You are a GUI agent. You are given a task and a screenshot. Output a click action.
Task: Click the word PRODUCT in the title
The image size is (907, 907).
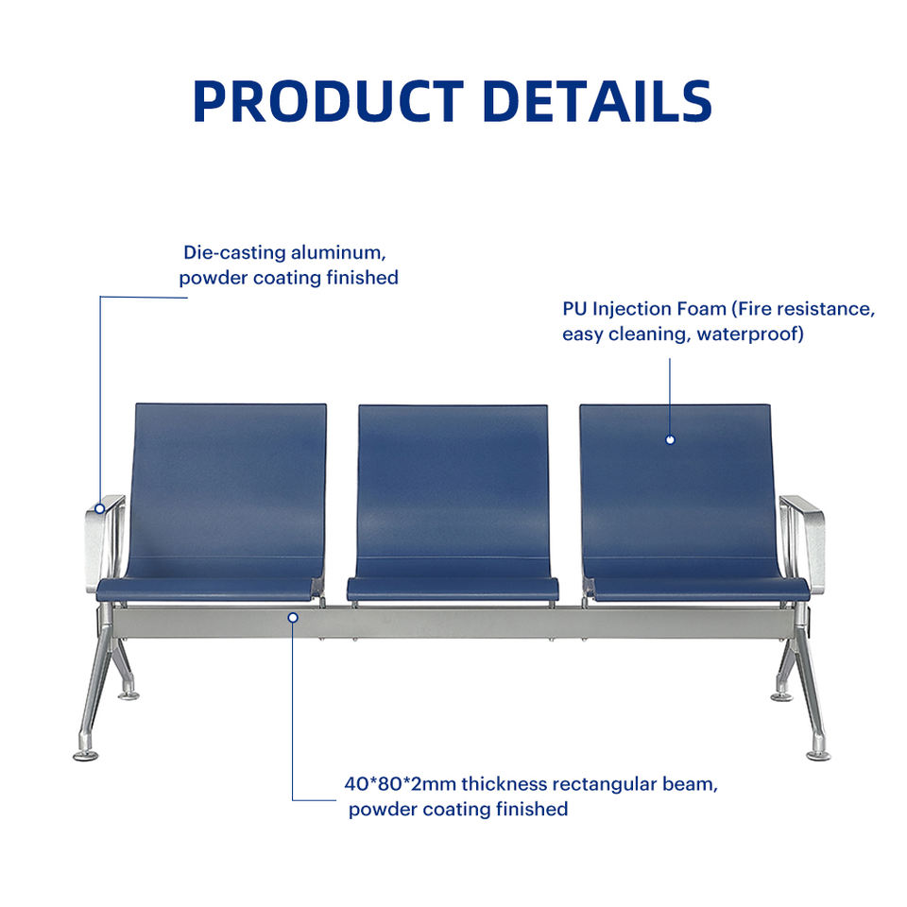click(x=329, y=101)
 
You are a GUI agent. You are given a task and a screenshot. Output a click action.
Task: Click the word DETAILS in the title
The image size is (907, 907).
click(x=597, y=101)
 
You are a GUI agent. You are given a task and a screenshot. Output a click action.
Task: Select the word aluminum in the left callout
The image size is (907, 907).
click(x=338, y=253)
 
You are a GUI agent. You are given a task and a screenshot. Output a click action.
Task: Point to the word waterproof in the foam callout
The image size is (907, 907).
click(x=749, y=334)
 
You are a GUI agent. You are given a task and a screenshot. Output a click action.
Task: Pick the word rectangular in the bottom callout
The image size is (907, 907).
click(x=605, y=784)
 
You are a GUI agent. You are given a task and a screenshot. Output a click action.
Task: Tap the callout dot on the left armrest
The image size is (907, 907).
click(x=100, y=508)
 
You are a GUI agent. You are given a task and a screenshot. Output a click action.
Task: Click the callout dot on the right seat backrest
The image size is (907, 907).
click(x=670, y=439)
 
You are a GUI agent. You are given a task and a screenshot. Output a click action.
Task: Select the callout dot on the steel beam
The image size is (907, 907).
click(x=293, y=618)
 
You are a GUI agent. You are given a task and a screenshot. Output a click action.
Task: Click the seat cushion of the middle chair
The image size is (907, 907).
click(x=453, y=590)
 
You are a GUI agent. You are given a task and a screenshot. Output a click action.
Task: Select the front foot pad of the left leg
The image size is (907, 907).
click(x=86, y=754)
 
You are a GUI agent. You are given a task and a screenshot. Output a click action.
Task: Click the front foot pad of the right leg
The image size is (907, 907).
click(x=818, y=754)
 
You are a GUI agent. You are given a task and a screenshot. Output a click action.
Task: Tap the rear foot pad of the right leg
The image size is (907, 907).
click(x=781, y=696)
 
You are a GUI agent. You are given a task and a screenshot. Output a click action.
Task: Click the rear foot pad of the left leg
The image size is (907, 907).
click(x=128, y=694)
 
